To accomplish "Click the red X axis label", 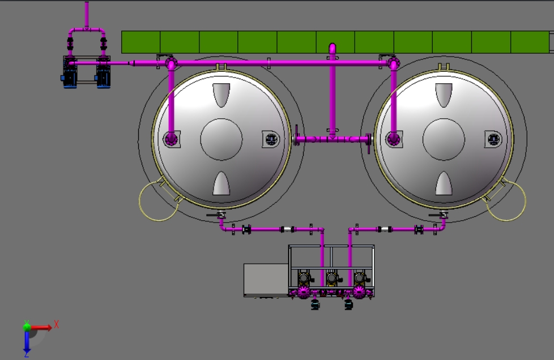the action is coord(56,324).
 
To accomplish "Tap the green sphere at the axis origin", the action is coord(27,327).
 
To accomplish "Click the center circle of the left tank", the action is coord(221,139).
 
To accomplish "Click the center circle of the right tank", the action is coord(444,139).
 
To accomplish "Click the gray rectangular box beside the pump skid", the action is coord(266,279).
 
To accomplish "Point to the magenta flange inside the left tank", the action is coord(172,139).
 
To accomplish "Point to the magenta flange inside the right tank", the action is coord(394,139).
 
